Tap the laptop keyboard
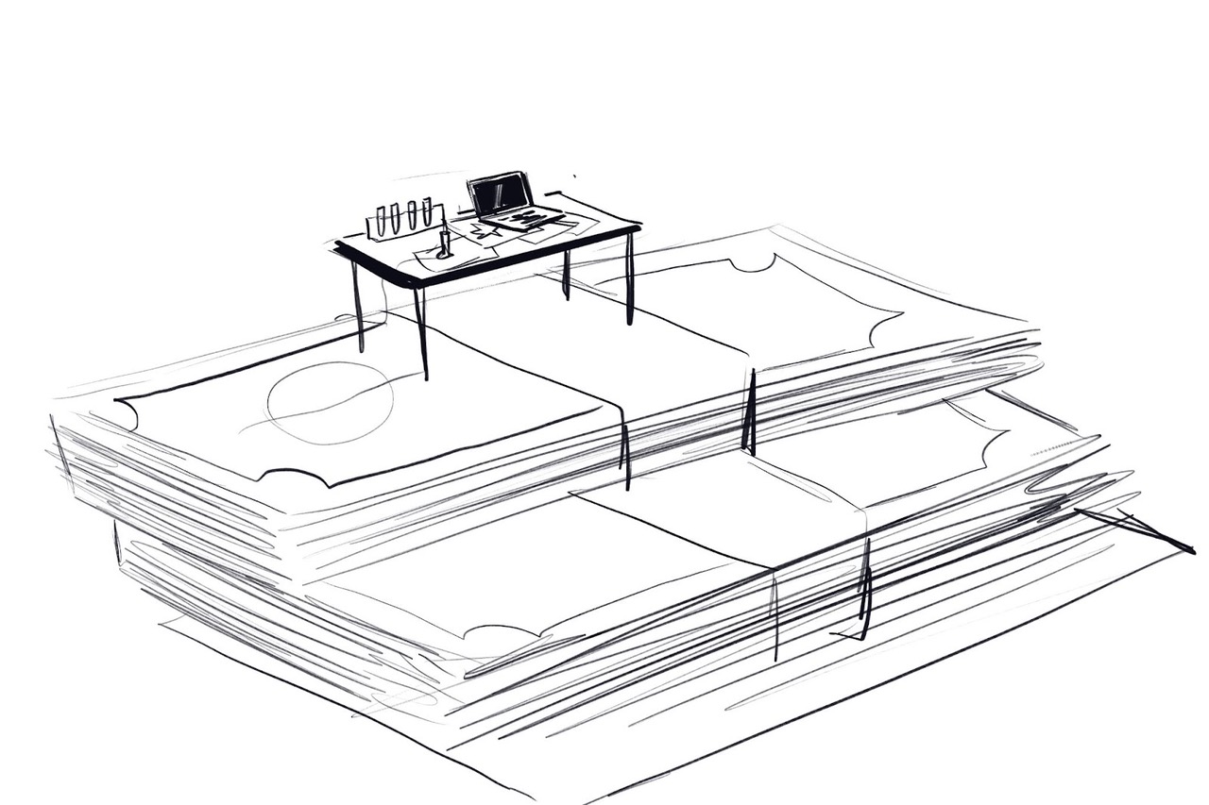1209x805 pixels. click(x=525, y=219)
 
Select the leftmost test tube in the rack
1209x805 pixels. click(x=381, y=220)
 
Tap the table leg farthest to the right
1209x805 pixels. click(x=629, y=277)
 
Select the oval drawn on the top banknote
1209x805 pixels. click(x=330, y=403)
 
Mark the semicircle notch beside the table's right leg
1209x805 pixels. click(x=753, y=263)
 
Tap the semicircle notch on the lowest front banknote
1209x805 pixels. click(x=500, y=629)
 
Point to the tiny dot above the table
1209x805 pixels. click(x=574, y=176)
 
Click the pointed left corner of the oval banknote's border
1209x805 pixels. click(x=117, y=403)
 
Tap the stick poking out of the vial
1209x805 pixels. click(x=442, y=227)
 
